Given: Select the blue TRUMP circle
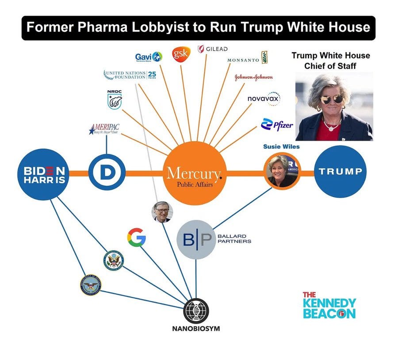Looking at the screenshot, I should coord(341,171).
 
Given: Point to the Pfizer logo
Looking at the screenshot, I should coord(277,125).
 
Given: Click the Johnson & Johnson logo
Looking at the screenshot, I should coord(253,77).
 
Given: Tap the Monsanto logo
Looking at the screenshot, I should coord(248,59).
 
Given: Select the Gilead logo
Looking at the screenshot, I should coord(213,49).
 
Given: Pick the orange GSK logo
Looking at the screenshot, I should coord(181,54).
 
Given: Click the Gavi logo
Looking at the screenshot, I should coord(149,57).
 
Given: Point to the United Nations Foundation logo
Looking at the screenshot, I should coord(130,74).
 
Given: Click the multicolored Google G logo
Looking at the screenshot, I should coord(136,237).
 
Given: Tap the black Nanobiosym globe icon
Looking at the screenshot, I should coord(196,311).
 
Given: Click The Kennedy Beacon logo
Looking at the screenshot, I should coord(329,305).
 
